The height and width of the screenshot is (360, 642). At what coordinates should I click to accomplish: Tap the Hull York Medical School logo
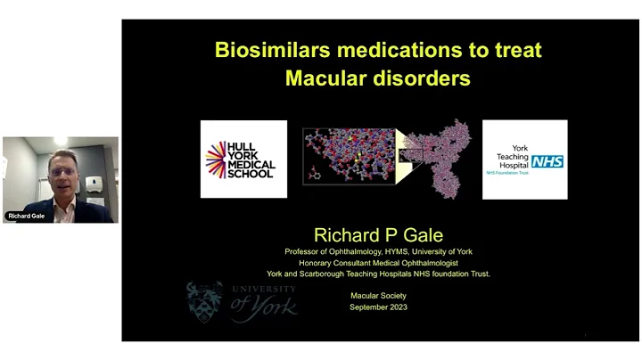[243, 159]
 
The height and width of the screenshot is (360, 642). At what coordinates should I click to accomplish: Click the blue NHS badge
[545, 161]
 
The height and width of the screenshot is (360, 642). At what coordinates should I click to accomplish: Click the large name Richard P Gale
[378, 235]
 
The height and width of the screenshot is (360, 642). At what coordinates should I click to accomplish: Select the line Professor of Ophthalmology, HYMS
[378, 251]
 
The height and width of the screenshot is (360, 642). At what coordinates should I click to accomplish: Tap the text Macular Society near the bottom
[378, 294]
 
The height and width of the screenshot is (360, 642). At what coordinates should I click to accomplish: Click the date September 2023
[378, 306]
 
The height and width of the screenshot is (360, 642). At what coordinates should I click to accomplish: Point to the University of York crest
[204, 302]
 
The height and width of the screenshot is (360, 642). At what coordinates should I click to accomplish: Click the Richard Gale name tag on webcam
[27, 216]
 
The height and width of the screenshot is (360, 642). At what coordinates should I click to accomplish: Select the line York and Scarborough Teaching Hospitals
[378, 274]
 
